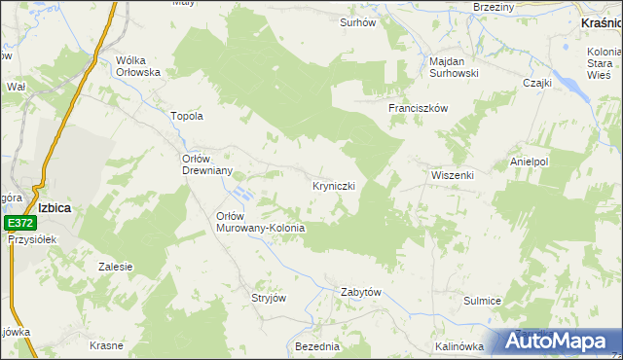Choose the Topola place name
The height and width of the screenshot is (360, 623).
[x=186, y=116]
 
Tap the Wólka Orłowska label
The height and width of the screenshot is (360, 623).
[x=137, y=65]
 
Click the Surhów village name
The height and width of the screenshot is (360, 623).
[x=357, y=21]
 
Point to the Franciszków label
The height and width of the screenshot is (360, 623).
[x=418, y=108]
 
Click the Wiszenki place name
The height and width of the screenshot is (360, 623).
[x=452, y=175]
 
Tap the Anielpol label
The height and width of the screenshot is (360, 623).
[x=530, y=162]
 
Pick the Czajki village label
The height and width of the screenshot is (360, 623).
[x=536, y=83]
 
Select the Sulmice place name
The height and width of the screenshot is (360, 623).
[x=482, y=301]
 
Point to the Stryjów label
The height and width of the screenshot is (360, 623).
[x=269, y=298]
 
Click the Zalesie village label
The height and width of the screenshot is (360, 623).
[x=116, y=266]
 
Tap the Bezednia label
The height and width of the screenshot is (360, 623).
[x=316, y=346]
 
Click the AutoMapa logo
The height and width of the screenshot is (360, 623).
[x=558, y=342]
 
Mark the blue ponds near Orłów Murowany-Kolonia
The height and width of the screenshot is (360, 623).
[x=243, y=196]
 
